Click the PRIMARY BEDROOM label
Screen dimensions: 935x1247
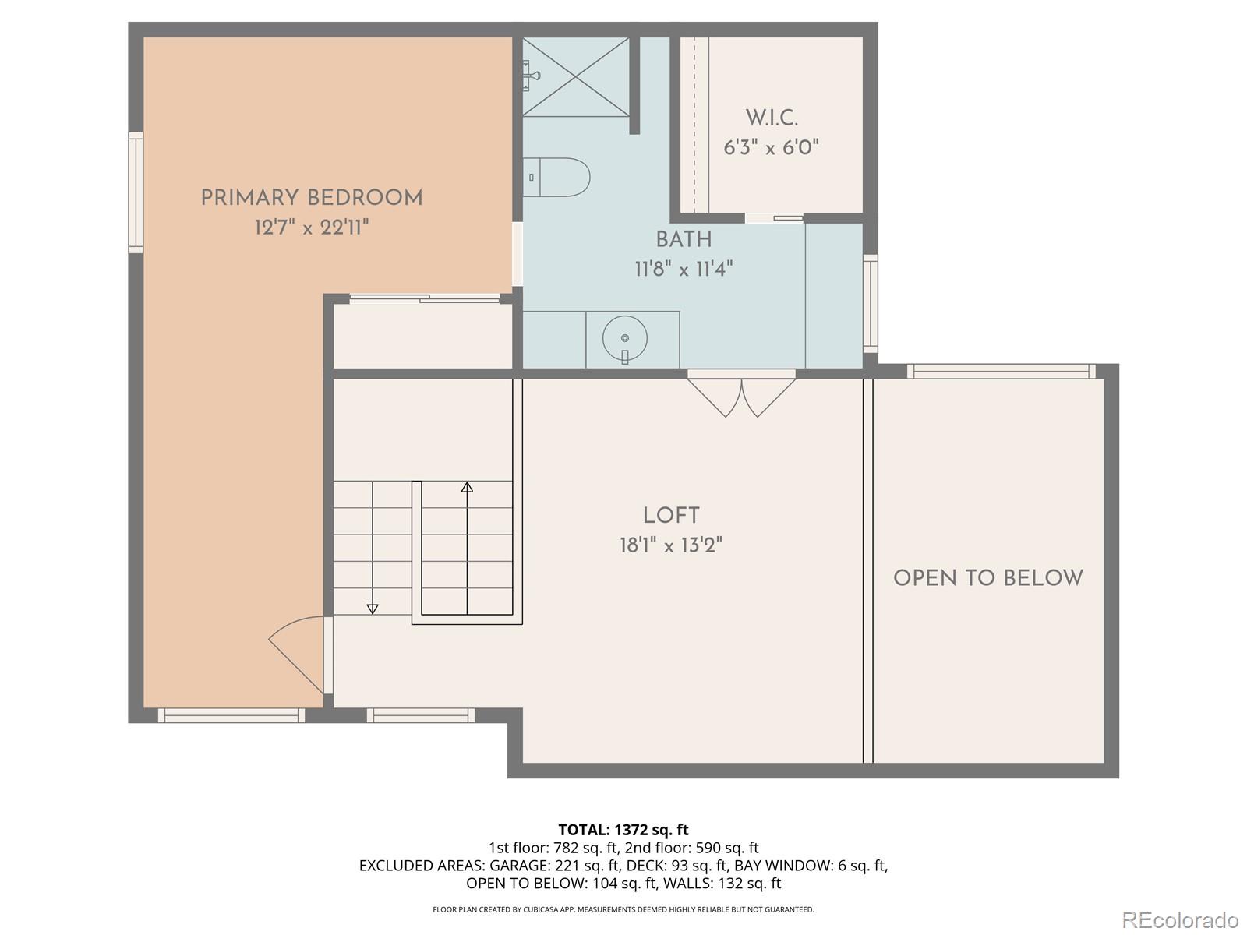[312, 198]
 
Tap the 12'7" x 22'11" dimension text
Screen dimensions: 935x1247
[312, 228]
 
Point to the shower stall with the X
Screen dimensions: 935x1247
[575, 77]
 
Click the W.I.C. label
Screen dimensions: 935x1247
[772, 118]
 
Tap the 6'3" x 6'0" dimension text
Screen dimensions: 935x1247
[772, 147]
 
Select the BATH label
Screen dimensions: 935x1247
[684, 240]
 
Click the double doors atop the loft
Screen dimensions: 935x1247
[741, 393]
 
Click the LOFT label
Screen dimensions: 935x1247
[671, 516]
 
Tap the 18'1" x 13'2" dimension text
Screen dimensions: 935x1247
[671, 545]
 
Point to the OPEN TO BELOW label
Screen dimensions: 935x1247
[988, 578]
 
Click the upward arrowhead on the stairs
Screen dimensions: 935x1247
[467, 487]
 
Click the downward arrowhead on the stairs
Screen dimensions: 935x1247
[373, 609]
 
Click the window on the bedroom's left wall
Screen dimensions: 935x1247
[136, 192]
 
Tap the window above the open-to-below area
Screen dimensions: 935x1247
[1001, 372]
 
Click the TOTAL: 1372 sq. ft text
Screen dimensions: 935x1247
[623, 830]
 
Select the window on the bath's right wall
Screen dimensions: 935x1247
[871, 303]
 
